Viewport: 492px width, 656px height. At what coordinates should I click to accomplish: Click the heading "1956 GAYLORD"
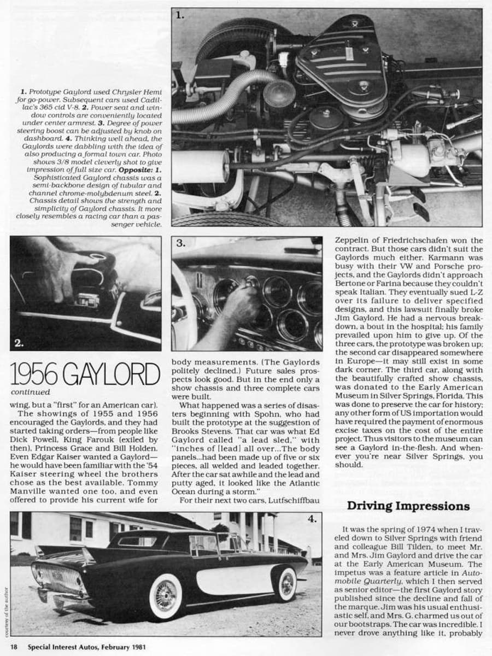tap(85, 374)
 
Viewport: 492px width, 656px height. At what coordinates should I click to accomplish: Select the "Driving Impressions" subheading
tap(408, 506)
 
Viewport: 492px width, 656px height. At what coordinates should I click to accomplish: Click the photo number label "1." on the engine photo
tap(180, 16)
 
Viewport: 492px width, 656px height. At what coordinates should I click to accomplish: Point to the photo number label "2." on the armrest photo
tap(19, 343)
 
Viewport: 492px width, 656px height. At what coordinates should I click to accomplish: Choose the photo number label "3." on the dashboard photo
tap(181, 244)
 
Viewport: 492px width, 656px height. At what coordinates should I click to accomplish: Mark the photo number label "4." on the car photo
tap(312, 519)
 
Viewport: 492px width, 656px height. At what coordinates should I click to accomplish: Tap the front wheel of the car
tap(287, 584)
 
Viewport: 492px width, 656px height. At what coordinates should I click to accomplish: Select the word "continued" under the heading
tap(30, 392)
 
